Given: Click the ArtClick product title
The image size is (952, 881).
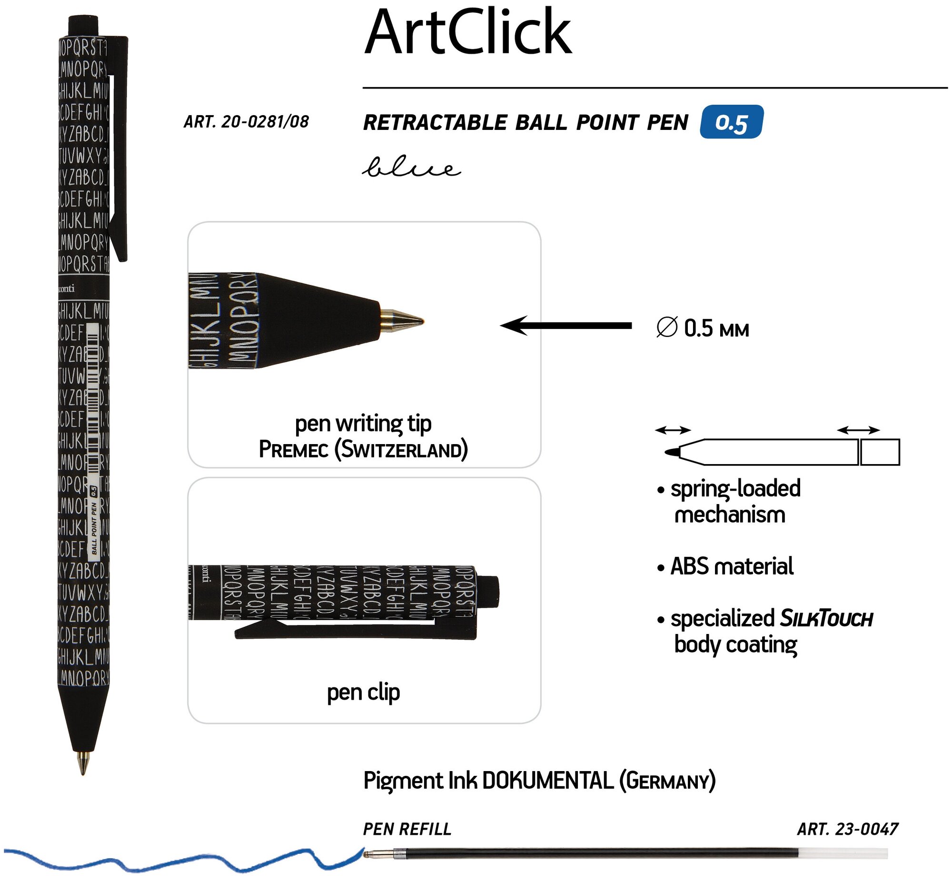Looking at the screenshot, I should click(467, 33).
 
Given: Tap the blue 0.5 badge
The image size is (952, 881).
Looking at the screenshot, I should click(731, 122).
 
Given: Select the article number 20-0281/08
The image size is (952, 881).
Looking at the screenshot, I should click(246, 122).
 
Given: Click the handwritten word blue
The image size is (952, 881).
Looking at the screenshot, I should click(411, 168).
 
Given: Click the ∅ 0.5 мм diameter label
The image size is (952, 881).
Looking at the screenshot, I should click(702, 328).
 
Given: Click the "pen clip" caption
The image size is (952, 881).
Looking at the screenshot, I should click(363, 692).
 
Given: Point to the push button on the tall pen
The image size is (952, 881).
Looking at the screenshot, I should click(83, 25).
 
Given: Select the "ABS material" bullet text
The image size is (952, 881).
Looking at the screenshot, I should click(731, 566).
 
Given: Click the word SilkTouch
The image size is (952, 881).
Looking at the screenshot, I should click(826, 619).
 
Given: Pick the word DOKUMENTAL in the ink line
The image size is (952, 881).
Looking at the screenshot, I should click(548, 781).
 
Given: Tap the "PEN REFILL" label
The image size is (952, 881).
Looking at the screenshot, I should click(407, 830).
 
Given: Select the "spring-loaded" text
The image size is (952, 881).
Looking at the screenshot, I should click(735, 489).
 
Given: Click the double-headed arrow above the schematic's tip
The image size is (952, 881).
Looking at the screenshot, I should click(672, 430).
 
